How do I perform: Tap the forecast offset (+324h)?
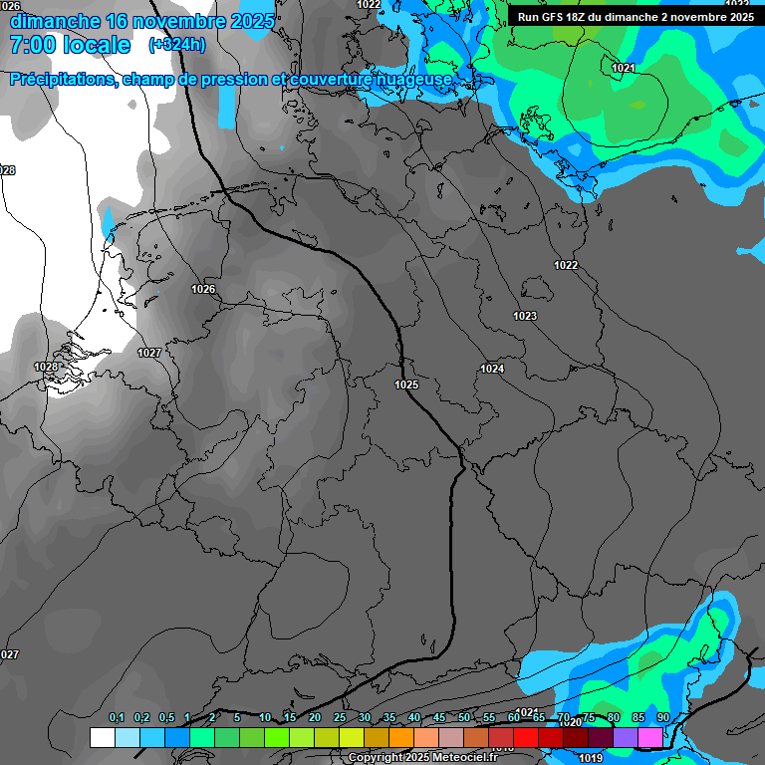(177, 45)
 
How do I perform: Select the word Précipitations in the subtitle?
(61, 79)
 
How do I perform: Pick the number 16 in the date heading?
(116, 21)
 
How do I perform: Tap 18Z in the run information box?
(582, 16)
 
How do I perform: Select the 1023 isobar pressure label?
(525, 316)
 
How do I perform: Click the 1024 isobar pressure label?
(492, 369)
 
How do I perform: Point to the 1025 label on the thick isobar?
(406, 384)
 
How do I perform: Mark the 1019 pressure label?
(591, 758)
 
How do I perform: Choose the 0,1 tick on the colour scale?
(117, 718)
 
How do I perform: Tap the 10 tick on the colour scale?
(264, 718)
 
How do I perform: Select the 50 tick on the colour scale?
(464, 718)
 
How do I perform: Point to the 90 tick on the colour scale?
(663, 718)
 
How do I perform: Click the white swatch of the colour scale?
(102, 737)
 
